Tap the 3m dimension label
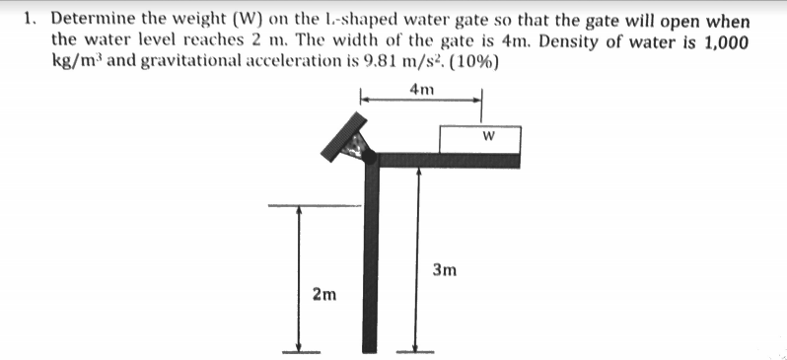point(444,269)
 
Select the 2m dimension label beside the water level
point(322,293)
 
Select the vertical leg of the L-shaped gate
point(371,256)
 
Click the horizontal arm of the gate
point(444,160)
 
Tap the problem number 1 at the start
point(32,19)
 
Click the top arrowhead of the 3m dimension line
point(420,171)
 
